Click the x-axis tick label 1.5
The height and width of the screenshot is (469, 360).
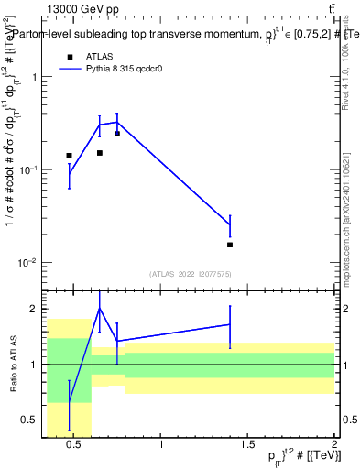click(x=247, y=446)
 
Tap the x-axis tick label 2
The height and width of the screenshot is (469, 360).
click(x=333, y=446)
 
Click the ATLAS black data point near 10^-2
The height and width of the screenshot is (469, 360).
click(x=230, y=245)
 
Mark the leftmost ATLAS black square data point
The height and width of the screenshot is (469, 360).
click(x=69, y=156)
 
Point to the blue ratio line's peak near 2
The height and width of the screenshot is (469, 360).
click(x=100, y=309)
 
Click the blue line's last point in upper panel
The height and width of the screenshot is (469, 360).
click(x=230, y=224)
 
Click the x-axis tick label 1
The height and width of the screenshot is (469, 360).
click(x=161, y=446)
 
